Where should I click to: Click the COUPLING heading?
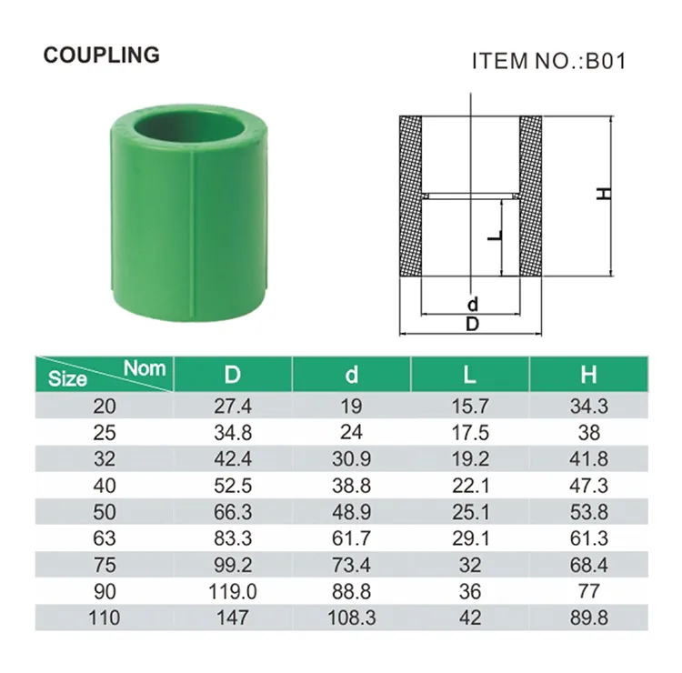coord(101,55)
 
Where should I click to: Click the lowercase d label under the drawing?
coord(471,304)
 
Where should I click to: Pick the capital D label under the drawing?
coord(471,324)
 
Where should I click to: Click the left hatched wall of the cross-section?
coord(411,200)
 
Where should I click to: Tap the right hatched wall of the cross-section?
coord(530,200)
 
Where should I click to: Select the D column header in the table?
coord(233,374)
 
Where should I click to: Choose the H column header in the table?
coord(588,374)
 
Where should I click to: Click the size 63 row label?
coord(105,538)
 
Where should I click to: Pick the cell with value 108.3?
coord(352,618)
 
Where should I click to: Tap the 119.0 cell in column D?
coord(233,591)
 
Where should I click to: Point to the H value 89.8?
coord(588,618)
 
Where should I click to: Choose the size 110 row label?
coord(105,618)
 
